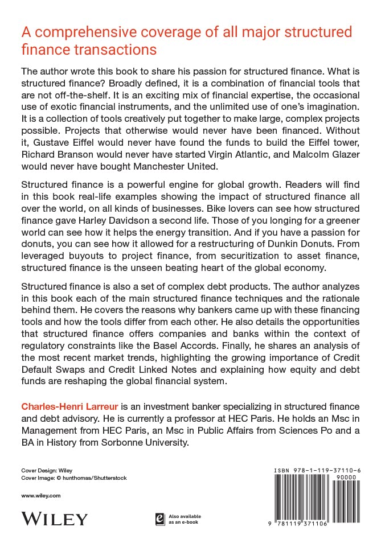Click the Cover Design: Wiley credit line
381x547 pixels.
click(x=45, y=471)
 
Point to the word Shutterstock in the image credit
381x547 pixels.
click(x=106, y=478)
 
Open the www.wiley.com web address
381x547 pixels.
click(x=41, y=496)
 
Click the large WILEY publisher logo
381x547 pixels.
click(x=55, y=519)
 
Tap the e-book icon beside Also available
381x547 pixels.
click(x=161, y=519)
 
